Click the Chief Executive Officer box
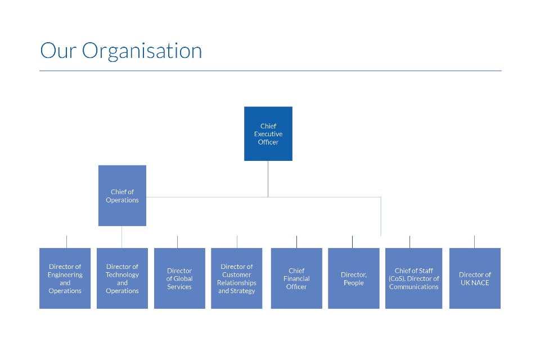pyautogui.click(x=268, y=134)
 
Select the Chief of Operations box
pyautogui.click(x=122, y=196)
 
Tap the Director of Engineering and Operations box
pyautogui.click(x=65, y=278)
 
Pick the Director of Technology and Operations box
pyautogui.click(x=122, y=278)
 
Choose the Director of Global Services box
pyautogui.click(x=179, y=278)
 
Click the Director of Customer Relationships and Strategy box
pyautogui.click(x=237, y=278)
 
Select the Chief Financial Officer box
pyautogui.click(x=296, y=278)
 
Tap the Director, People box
pyautogui.click(x=354, y=278)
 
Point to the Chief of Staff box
pyautogui.click(x=413, y=278)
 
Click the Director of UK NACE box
pyautogui.click(x=475, y=278)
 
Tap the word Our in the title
pyautogui.click(x=58, y=51)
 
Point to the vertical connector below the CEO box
pyautogui.click(x=268, y=179)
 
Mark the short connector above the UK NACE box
pyautogui.click(x=474, y=242)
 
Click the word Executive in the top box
pyautogui.click(x=268, y=134)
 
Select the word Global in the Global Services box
pyautogui.click(x=183, y=278)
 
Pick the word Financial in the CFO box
pyautogui.click(x=296, y=278)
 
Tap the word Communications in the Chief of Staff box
pyautogui.click(x=414, y=287)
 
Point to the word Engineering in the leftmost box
pyautogui.click(x=65, y=275)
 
